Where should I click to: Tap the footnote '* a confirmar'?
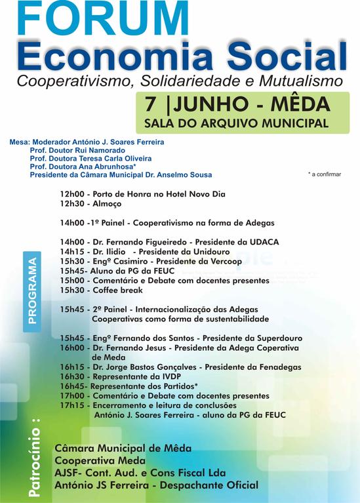[x=324, y=174]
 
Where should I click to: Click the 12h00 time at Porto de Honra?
[x=71, y=195]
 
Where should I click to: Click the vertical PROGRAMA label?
[x=33, y=291]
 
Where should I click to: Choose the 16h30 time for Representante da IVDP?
[x=71, y=377]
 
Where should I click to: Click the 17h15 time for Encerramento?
[x=71, y=405]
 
